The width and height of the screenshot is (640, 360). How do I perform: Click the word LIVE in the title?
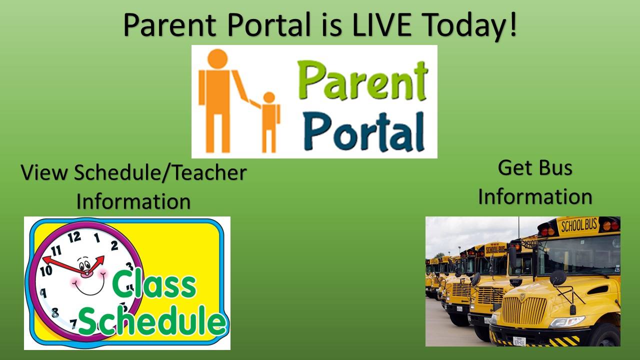(x=381, y=24)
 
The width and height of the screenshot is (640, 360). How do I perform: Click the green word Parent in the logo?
(x=362, y=81)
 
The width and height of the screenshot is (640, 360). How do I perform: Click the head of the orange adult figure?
(x=217, y=59)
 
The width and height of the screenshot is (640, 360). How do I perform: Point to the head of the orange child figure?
(x=269, y=97)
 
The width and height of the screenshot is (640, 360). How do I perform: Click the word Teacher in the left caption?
(x=210, y=173)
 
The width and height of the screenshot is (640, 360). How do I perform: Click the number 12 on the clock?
(x=74, y=237)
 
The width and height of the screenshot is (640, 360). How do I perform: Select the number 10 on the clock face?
(x=46, y=271)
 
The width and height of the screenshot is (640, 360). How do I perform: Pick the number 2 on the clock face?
(x=114, y=245)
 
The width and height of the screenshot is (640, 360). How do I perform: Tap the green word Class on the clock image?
(x=154, y=284)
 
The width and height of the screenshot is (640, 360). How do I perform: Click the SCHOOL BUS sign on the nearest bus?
(x=579, y=225)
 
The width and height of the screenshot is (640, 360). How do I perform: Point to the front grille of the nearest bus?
(x=524, y=311)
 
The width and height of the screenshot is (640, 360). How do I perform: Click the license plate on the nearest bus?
(x=519, y=341)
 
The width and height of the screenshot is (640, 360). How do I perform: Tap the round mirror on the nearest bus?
(x=557, y=277)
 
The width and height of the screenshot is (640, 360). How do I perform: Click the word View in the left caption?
(x=43, y=173)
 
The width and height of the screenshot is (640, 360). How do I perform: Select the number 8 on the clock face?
(x=55, y=312)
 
